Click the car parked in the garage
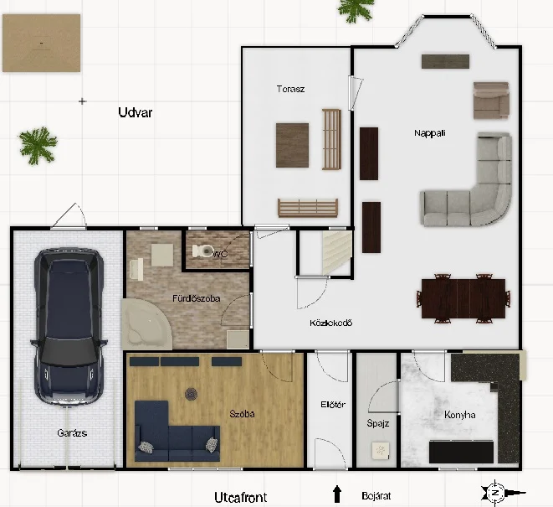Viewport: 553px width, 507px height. click(69, 327)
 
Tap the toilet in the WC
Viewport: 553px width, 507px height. click(202, 251)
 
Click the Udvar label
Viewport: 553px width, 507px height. click(136, 112)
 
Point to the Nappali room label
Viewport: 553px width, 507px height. click(430, 133)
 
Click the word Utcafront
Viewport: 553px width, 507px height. click(241, 498)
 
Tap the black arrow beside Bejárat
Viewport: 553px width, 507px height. click(337, 494)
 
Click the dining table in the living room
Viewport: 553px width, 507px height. click(463, 298)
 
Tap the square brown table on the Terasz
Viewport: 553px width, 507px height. click(292, 145)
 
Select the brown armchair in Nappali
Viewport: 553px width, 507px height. click(491, 101)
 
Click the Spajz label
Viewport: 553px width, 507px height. click(378, 423)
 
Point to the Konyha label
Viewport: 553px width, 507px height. click(460, 415)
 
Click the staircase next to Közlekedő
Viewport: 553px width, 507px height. click(337, 252)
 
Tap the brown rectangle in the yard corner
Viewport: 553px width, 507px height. click(42, 43)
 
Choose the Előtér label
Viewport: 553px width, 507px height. click(333, 405)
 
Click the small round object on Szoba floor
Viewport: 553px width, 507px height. click(191, 394)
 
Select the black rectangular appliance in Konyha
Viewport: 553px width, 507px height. click(461, 452)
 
